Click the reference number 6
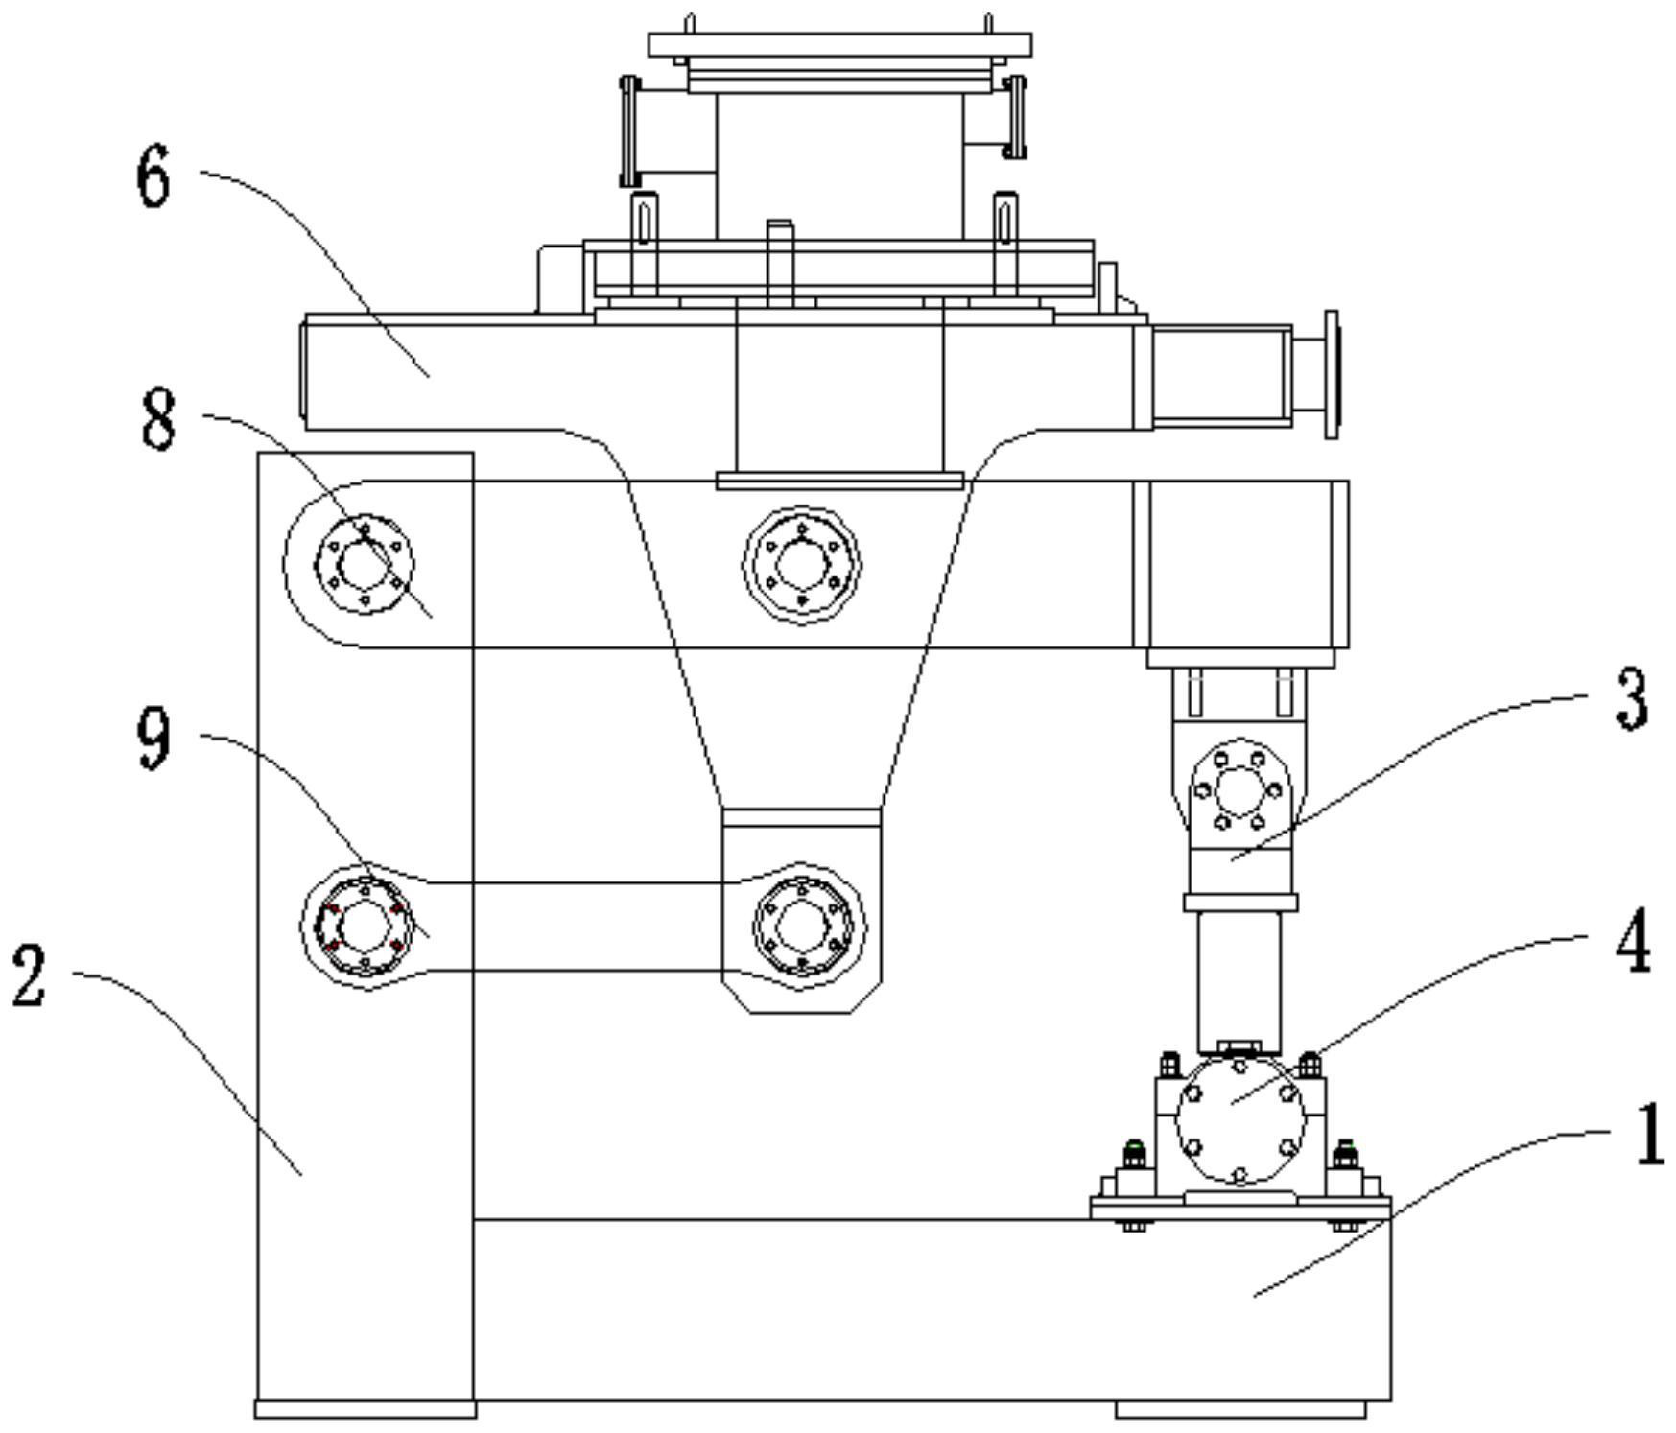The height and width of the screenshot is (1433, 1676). pyautogui.click(x=153, y=179)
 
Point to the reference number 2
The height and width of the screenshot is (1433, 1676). pyautogui.click(x=29, y=975)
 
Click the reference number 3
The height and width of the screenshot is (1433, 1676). pyautogui.click(x=1632, y=699)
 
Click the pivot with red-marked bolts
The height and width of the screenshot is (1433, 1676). pyautogui.click(x=364, y=927)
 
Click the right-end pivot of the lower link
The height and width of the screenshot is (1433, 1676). pyautogui.click(x=802, y=926)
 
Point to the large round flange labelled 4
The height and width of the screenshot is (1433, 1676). pyautogui.click(x=1239, y=1121)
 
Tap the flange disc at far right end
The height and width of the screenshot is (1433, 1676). pyautogui.click(x=1331, y=374)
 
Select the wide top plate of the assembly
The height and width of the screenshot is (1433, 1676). pyautogui.click(x=839, y=44)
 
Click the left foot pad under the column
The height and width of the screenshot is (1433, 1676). pyautogui.click(x=365, y=1409)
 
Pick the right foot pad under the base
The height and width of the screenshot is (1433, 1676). pyautogui.click(x=1239, y=1409)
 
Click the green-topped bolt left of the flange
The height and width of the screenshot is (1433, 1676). pyautogui.click(x=1135, y=1150)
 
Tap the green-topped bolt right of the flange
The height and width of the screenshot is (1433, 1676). pyautogui.click(x=1345, y=1150)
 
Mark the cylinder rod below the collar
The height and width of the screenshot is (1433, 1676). pyautogui.click(x=1239, y=978)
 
